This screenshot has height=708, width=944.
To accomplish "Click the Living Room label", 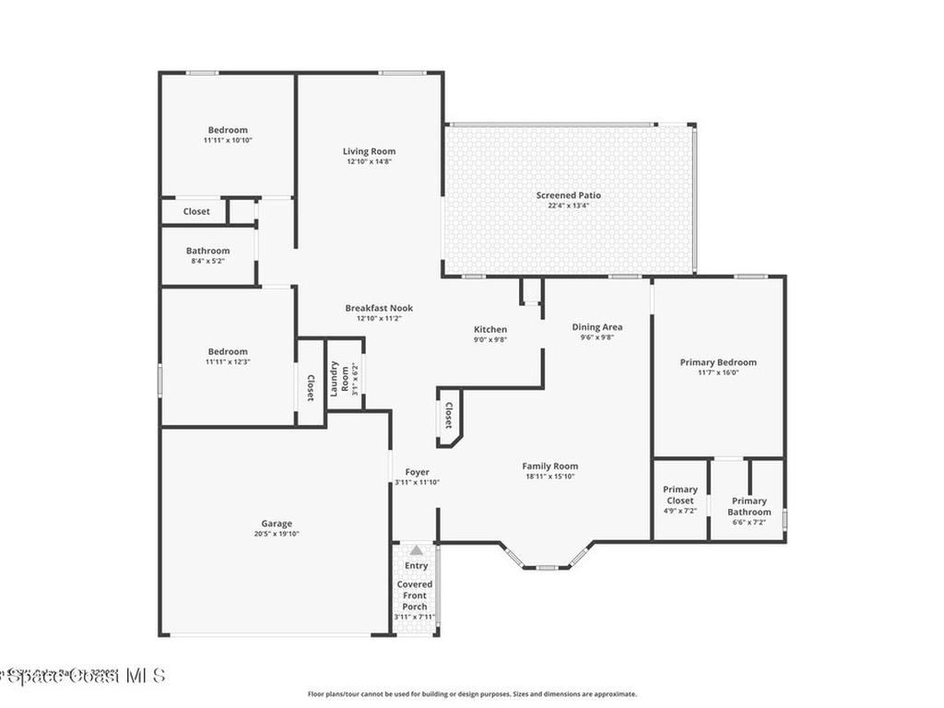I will click(369, 151).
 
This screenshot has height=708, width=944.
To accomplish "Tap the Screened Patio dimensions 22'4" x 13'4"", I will click(569, 206).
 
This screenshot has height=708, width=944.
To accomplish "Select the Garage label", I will click(276, 523).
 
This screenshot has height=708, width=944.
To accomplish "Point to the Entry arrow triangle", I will click(416, 550).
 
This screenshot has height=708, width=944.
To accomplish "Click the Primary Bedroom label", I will click(718, 362).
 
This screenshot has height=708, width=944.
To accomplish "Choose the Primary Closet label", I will click(680, 495).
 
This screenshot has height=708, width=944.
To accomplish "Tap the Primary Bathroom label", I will click(749, 506).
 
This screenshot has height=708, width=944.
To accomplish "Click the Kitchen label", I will click(490, 329).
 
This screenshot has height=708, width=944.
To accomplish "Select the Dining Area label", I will click(596, 326).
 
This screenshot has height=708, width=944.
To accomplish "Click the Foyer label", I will click(417, 472).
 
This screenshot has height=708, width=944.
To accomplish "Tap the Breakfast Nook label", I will click(379, 308).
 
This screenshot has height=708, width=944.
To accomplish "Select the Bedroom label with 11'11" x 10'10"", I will click(227, 130).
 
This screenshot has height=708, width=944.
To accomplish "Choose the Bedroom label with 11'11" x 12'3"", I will click(227, 351).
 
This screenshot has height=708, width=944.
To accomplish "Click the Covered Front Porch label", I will click(415, 596).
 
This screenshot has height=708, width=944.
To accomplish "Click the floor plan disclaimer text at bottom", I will click(471, 694).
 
